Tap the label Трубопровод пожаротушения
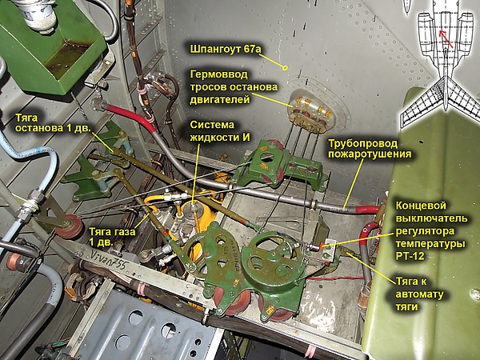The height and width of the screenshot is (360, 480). click(x=370, y=149)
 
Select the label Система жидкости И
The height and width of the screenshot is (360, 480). click(x=220, y=130)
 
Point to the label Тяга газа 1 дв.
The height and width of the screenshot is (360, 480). click(x=112, y=237)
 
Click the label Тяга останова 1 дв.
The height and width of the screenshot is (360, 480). click(x=53, y=123)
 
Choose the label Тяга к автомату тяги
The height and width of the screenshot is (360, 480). click(x=419, y=294)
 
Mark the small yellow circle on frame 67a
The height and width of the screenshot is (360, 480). click(x=285, y=68)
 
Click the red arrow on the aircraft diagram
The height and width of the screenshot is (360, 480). click(x=446, y=39)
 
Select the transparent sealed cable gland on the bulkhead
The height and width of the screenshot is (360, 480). click(x=310, y=112)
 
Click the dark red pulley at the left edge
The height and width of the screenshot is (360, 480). click(x=69, y=226)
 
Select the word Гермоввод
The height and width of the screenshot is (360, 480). click(x=219, y=74)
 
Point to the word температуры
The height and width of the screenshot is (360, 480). click(x=430, y=244)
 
